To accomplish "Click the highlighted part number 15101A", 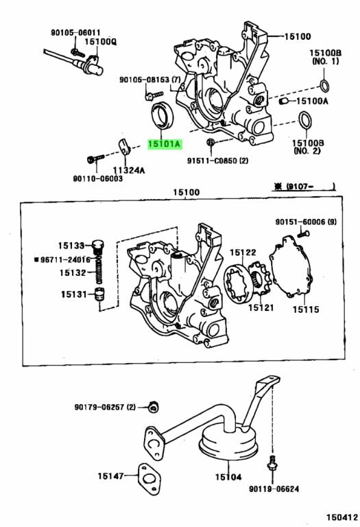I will (165, 144).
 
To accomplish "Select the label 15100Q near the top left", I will (101, 41).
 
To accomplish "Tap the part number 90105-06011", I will (75, 32).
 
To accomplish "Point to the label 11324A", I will (129, 169).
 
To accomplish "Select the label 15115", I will (307, 309).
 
